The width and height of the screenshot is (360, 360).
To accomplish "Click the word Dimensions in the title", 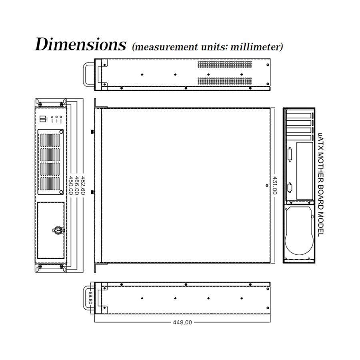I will click(x=80, y=44).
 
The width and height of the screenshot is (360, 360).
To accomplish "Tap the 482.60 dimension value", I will click(x=83, y=185).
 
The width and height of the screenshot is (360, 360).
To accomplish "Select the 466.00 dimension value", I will click(x=77, y=185).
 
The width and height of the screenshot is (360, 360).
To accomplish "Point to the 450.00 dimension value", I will click(x=71, y=185).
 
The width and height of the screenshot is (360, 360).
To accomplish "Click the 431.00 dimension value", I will click(x=275, y=185).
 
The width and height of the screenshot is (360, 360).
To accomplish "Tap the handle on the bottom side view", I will click(x=88, y=297).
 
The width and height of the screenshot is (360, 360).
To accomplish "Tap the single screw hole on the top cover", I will click(x=267, y=185).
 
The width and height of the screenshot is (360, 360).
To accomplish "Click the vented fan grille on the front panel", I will click(x=51, y=162).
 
